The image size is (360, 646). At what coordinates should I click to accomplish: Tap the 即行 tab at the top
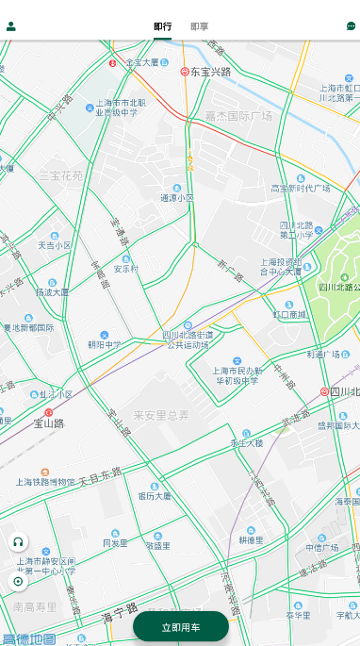pos(162,26)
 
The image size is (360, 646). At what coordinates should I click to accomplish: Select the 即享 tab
pos(199,26)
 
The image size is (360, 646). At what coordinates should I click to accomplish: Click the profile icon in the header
pos(11,26)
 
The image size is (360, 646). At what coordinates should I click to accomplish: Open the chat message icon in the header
pos(351,26)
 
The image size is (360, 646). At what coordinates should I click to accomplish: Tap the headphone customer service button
pos(18,542)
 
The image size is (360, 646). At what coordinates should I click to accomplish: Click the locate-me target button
pos(18,581)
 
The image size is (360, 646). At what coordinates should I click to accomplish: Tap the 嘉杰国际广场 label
pos(238,116)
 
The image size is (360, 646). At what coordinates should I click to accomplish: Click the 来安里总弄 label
pos(160,415)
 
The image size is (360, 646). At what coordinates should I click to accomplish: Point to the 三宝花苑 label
pos(60,175)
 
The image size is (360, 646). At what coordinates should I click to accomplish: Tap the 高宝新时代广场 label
pos(301,188)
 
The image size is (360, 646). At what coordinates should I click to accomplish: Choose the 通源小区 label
pos(176,198)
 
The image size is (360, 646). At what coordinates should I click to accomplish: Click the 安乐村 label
pos(126,268)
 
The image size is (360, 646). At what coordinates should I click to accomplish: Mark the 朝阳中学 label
pos(104,344)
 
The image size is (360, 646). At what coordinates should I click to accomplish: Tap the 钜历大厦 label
pos(155,495)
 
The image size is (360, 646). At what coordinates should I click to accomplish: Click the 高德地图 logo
pos(28,638)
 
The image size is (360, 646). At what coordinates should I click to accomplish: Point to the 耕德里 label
pos(251,540)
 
